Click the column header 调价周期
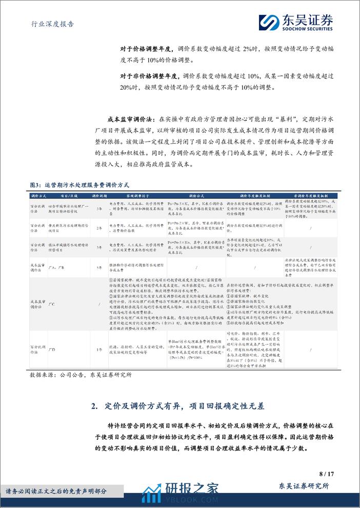point(98,196)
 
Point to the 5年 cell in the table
point(98,267)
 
